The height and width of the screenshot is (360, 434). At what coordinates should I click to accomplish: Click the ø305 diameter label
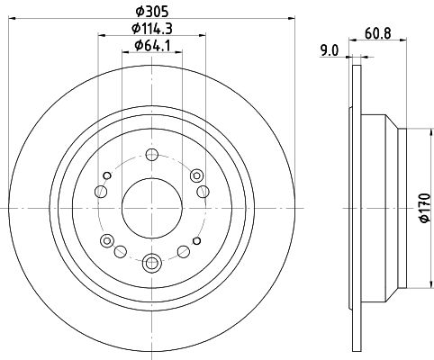152,12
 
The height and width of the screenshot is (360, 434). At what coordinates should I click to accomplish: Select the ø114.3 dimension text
152,29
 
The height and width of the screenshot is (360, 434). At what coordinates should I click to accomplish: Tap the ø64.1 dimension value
152,46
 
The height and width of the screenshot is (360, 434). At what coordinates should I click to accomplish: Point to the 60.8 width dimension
378,32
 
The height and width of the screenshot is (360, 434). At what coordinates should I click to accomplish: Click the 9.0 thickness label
330,50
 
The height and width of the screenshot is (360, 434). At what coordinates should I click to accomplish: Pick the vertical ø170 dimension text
425,208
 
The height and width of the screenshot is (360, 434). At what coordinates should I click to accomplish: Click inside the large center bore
152,208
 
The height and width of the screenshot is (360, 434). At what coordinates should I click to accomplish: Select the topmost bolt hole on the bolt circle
152,155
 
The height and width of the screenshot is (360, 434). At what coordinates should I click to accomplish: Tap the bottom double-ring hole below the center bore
152,263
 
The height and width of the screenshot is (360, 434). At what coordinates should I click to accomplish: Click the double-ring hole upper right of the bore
196,175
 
